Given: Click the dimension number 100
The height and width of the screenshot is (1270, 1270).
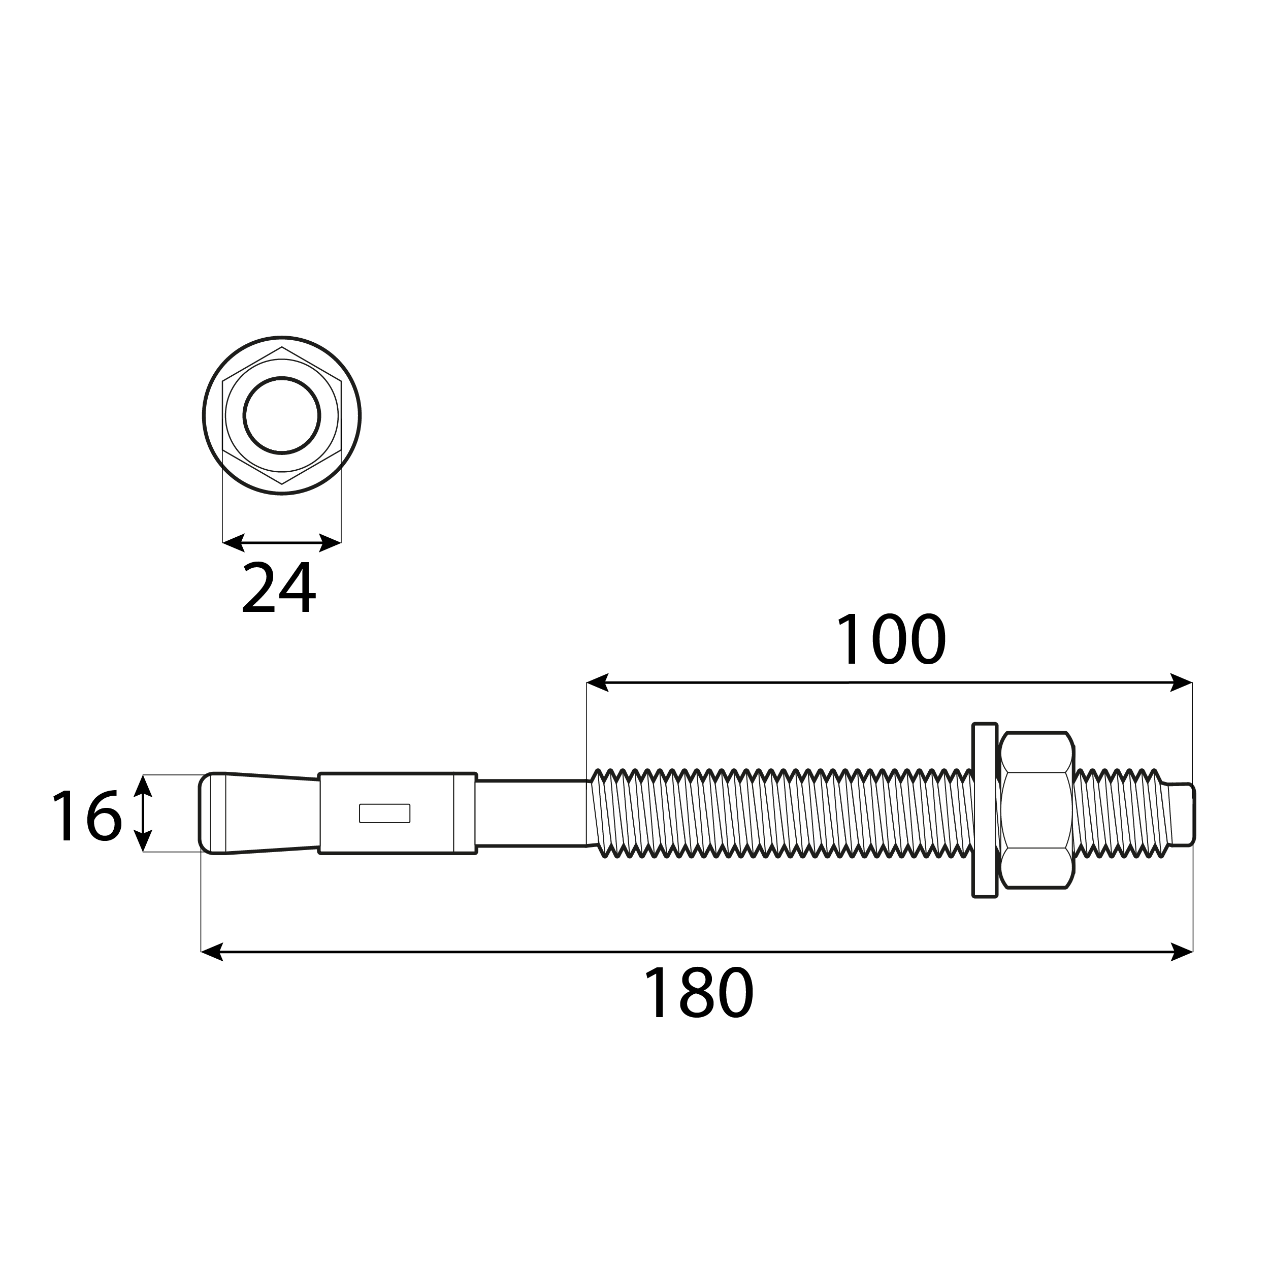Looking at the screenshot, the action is click(x=891, y=639).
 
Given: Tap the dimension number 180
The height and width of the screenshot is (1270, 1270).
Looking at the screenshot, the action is click(x=698, y=993).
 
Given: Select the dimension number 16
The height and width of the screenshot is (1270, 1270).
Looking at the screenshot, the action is click(x=87, y=815).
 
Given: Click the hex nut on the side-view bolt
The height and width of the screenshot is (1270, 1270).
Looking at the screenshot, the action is click(x=1036, y=810).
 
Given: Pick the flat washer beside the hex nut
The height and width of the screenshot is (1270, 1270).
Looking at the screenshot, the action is click(x=985, y=810).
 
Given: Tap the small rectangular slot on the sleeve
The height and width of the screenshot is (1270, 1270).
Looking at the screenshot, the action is click(x=384, y=813).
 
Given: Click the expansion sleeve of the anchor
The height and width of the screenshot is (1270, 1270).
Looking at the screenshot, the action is click(x=398, y=813).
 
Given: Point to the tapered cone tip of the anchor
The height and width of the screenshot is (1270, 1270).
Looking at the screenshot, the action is click(x=259, y=813).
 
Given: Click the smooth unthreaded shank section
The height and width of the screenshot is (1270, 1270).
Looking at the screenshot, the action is click(x=531, y=813).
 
